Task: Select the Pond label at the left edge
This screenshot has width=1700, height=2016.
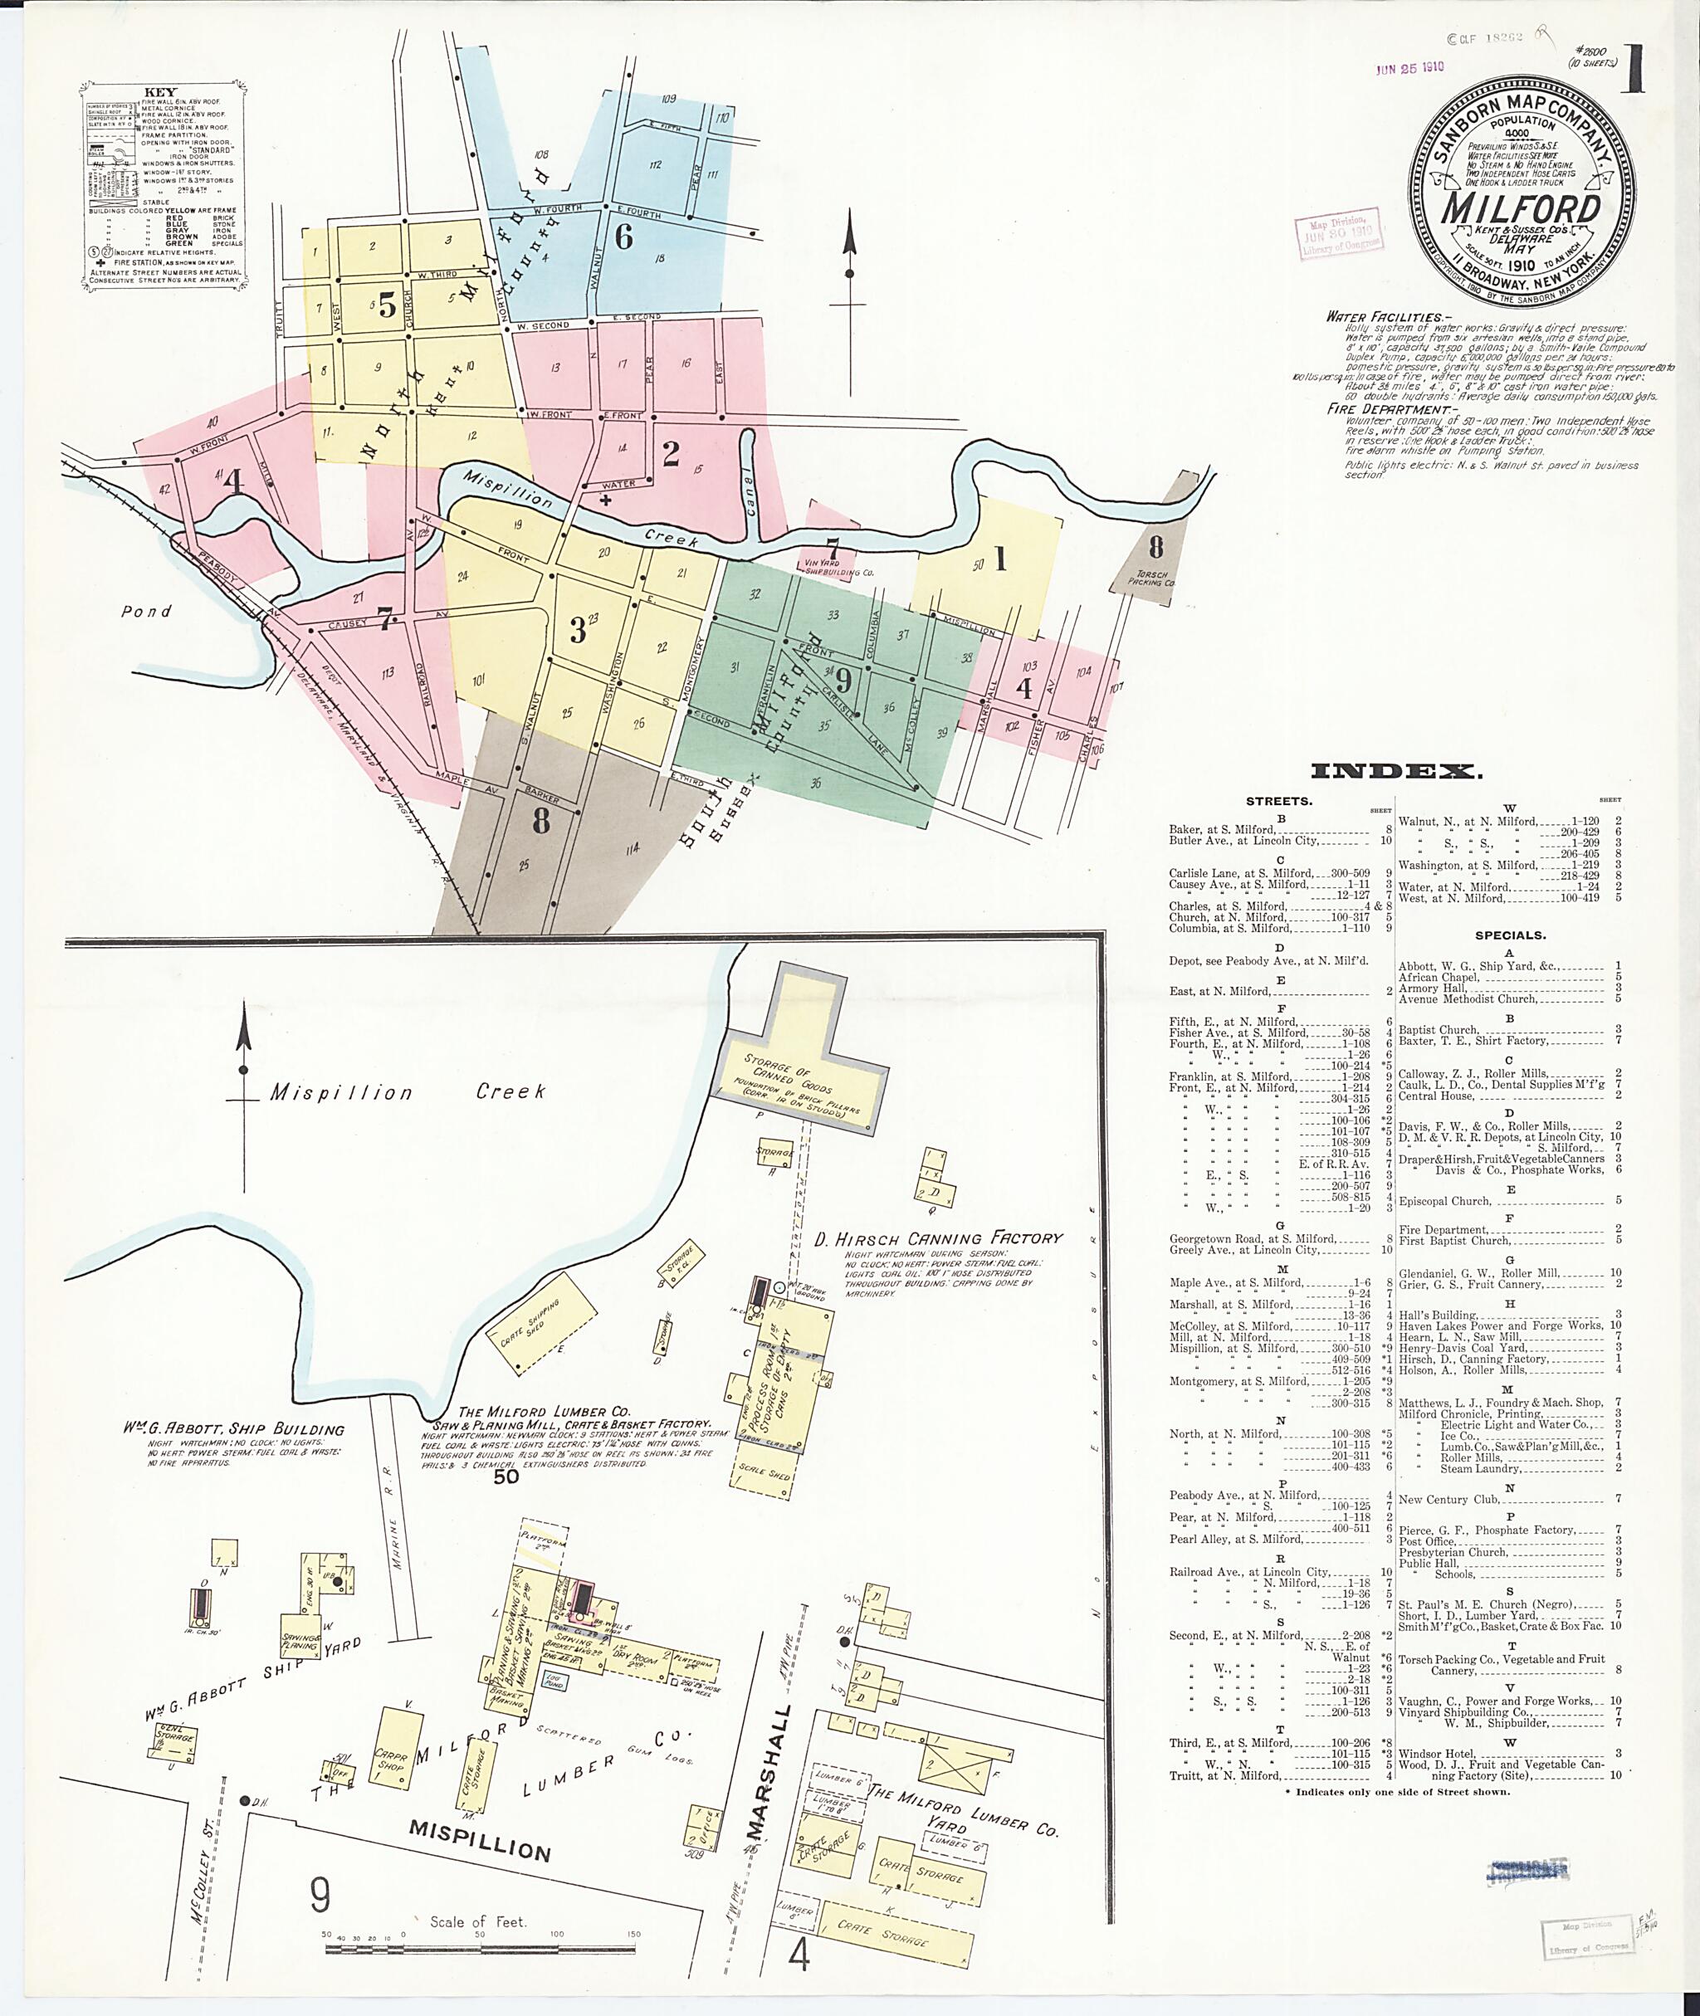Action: pos(146,611)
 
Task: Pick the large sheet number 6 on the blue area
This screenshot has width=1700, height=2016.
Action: pos(623,237)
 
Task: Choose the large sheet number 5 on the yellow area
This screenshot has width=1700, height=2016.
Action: pos(387,305)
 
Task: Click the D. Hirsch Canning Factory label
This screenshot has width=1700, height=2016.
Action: pos(938,1238)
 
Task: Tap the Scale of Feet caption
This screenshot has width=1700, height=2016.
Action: pos(478,1921)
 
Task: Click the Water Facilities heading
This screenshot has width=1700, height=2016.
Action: pos(1384,316)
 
